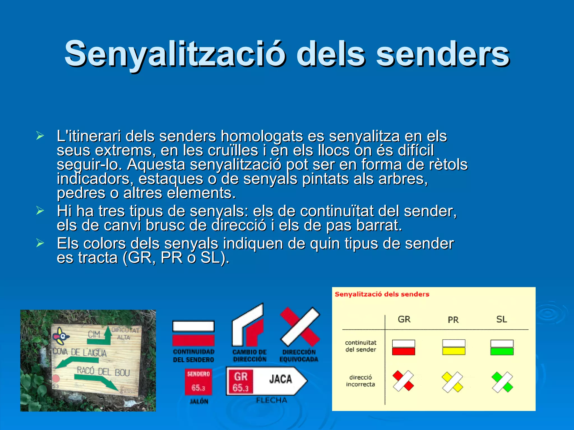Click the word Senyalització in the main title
point(175,54)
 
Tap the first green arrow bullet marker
point(40,136)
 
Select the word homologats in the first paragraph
point(261,136)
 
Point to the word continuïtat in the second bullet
point(337,211)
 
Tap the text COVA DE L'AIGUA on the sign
point(80,352)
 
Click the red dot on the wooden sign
point(56,378)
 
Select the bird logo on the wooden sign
point(61,336)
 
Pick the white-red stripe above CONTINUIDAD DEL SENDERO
point(193,333)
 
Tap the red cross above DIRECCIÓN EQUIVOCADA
point(300,327)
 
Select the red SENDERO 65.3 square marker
point(198,382)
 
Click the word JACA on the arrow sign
point(281,379)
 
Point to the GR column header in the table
point(404,319)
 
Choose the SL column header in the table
point(501,319)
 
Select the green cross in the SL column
point(502,382)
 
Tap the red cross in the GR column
point(403,381)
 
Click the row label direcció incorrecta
point(360,381)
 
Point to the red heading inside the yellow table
point(382,294)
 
